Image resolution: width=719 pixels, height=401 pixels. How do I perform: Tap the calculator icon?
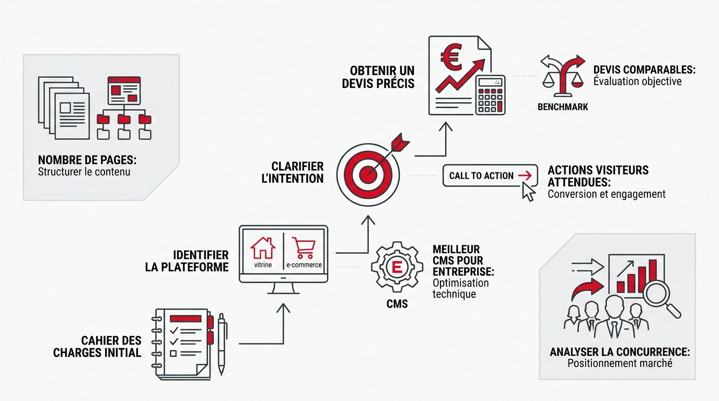click(x=490, y=95)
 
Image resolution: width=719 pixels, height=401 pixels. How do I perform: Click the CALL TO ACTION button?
click(x=490, y=175)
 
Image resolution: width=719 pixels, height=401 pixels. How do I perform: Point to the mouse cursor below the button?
click(x=529, y=192)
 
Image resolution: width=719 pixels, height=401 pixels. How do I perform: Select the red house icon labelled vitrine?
click(x=263, y=248)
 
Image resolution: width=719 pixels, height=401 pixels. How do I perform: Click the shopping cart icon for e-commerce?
click(x=304, y=248)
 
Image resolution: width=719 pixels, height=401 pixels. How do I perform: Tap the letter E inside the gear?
click(x=397, y=267)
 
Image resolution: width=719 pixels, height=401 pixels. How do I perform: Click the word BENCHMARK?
click(x=563, y=107)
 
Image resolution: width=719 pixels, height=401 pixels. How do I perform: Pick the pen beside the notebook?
click(x=222, y=344)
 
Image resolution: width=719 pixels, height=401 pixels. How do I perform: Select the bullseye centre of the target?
click(x=368, y=175)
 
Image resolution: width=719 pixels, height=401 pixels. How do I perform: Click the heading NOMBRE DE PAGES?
click(x=87, y=160)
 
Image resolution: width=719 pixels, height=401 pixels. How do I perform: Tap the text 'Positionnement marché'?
click(x=620, y=363)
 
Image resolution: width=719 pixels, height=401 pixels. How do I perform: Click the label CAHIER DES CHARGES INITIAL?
click(x=97, y=347)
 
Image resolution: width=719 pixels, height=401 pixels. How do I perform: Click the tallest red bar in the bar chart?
click(x=653, y=276)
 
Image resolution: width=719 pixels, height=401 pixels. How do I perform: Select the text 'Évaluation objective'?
click(x=637, y=81)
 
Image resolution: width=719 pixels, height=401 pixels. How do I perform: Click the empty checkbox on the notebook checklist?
click(x=173, y=353)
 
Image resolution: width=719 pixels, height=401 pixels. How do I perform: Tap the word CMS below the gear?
click(x=397, y=304)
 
